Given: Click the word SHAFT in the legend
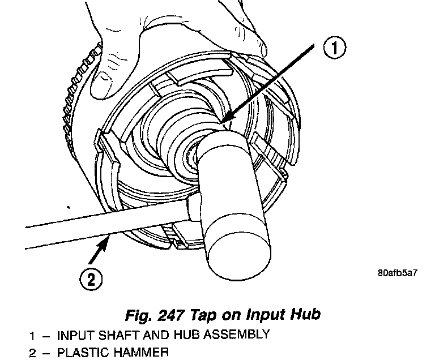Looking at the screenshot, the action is pos(125,335).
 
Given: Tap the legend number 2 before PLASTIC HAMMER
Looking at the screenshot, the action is pos(33,353).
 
